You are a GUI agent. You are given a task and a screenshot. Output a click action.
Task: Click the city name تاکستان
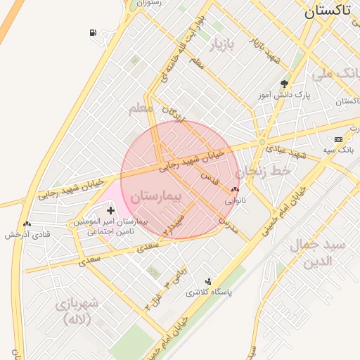click(x=328, y=11)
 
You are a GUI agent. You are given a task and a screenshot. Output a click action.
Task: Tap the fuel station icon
click(x=93, y=33)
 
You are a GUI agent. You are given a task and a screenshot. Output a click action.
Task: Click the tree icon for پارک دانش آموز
click(x=285, y=83)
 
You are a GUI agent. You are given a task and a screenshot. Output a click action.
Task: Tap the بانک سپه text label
click(x=338, y=150)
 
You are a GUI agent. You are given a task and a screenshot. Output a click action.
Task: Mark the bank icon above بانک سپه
click(x=338, y=139)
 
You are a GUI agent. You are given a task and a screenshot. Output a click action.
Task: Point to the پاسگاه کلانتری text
click(x=208, y=292)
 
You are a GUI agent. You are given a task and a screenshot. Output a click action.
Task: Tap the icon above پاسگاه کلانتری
click(x=207, y=281)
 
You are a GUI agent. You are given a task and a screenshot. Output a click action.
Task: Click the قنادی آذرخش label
click(x=27, y=234)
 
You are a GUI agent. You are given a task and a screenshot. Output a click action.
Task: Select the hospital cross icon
click(x=110, y=210)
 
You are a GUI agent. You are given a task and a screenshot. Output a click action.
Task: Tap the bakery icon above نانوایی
click(x=235, y=189)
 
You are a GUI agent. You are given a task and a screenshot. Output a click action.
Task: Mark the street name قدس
click(x=210, y=177)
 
